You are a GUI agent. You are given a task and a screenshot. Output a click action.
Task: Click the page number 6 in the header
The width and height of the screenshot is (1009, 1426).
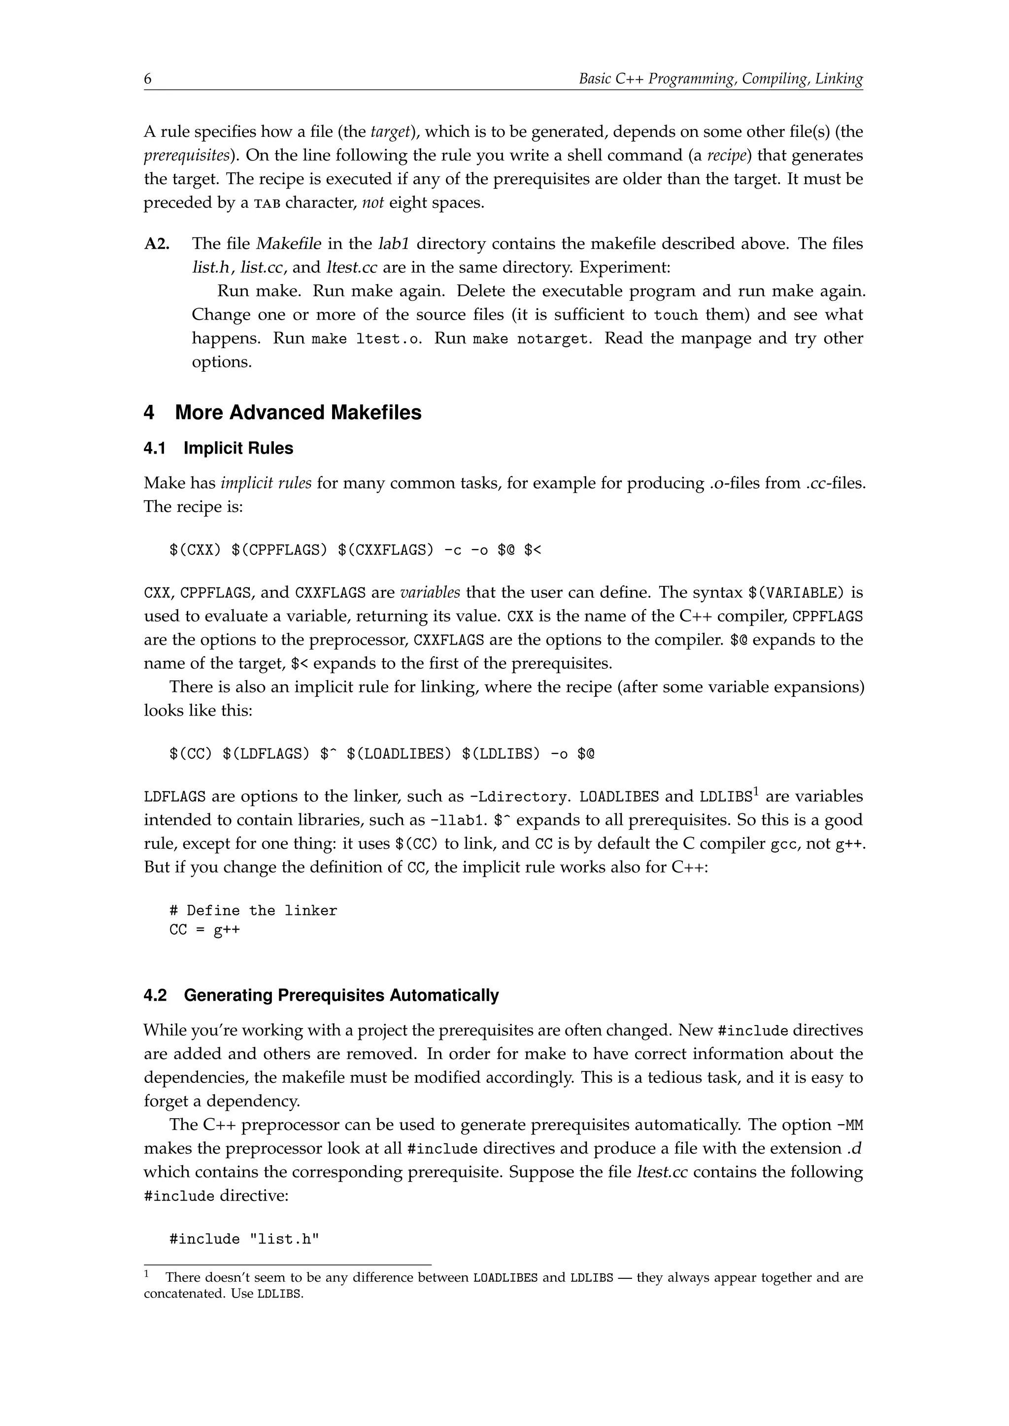pos(148,79)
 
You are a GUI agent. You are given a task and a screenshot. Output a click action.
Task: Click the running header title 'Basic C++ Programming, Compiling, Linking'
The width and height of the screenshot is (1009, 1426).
pos(720,79)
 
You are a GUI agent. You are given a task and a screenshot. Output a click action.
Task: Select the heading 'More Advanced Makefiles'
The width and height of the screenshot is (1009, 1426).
pos(298,413)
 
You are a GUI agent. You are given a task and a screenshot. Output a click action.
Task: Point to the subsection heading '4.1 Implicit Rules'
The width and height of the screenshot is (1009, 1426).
pos(218,449)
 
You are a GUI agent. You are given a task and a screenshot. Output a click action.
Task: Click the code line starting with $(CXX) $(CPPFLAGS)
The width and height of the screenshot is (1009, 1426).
pos(355,551)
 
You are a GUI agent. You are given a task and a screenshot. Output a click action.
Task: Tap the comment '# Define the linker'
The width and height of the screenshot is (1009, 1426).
pos(253,911)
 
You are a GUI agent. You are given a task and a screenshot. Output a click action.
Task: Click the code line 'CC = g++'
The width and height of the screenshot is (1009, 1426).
pos(204,930)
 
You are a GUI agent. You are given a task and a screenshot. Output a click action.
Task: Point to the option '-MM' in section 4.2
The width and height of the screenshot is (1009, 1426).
pos(850,1126)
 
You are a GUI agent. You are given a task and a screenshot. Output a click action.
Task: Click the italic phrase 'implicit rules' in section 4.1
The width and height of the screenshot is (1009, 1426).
pos(266,483)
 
